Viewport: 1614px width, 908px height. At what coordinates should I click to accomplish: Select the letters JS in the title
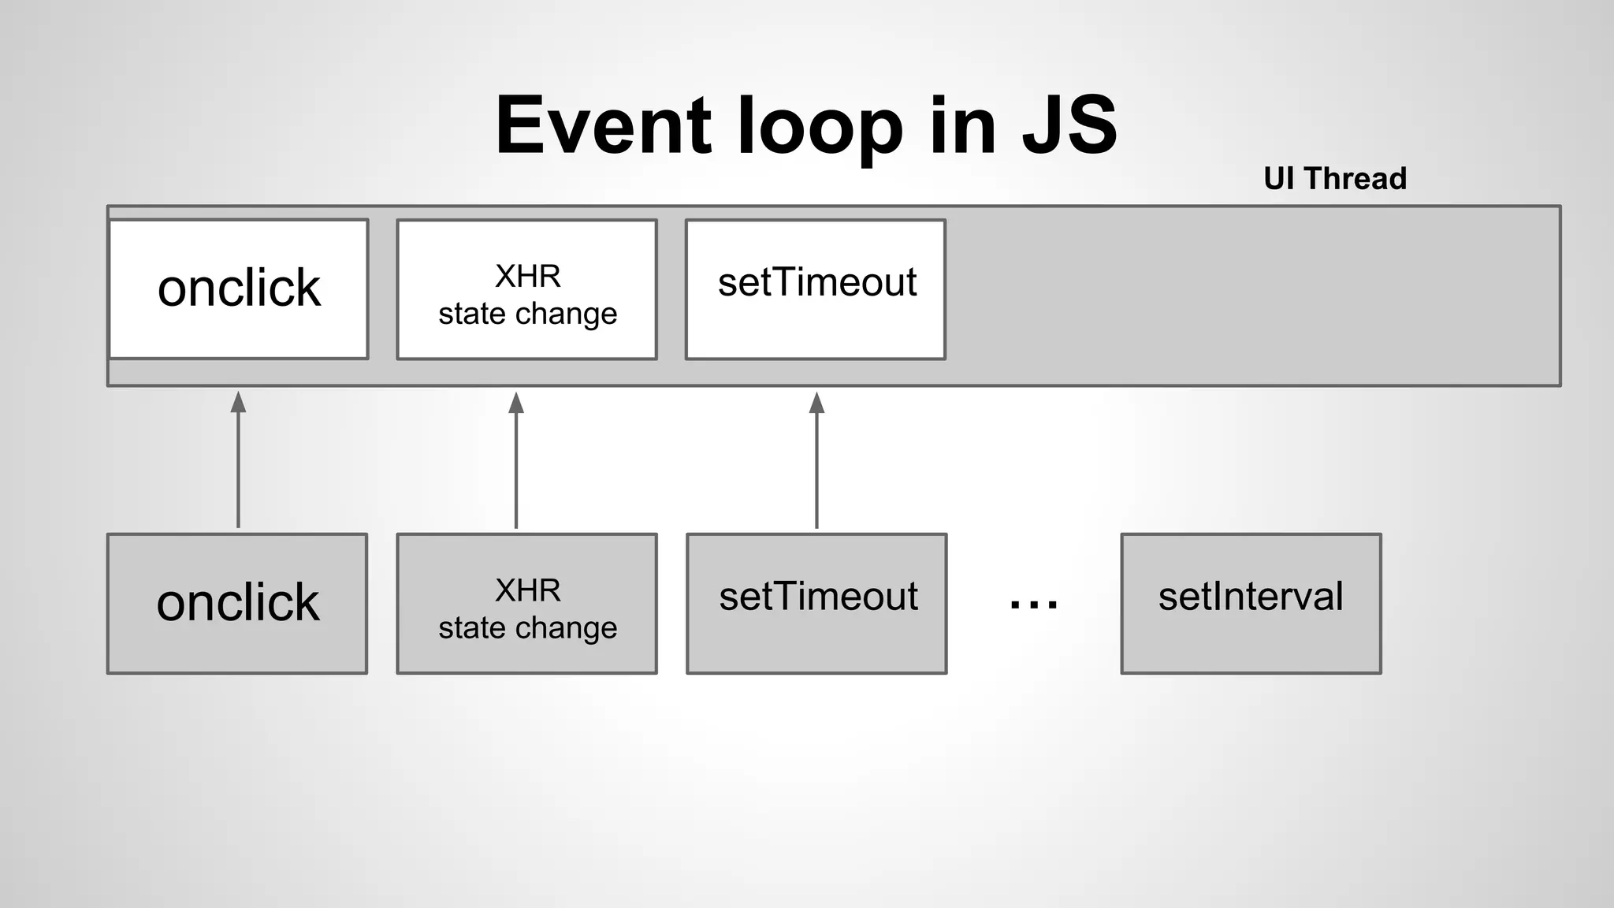[1069, 126]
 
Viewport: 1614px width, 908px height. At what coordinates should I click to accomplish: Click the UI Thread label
[1334, 179]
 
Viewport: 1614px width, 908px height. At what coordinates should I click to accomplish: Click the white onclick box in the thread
[239, 288]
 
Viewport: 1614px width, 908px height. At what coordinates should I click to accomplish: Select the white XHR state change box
[526, 289]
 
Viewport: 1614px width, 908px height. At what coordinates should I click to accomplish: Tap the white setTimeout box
[816, 289]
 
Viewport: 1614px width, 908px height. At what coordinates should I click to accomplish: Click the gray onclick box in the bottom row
[237, 603]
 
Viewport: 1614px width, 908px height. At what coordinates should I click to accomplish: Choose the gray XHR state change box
[526, 603]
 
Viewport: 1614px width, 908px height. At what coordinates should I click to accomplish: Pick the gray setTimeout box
[816, 603]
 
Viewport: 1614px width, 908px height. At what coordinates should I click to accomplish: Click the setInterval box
[1251, 603]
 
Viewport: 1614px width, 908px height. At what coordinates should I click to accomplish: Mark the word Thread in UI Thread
[1355, 179]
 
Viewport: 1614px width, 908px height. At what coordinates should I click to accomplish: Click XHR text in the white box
[527, 277]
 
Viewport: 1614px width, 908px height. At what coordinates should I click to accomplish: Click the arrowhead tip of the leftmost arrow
[238, 395]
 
